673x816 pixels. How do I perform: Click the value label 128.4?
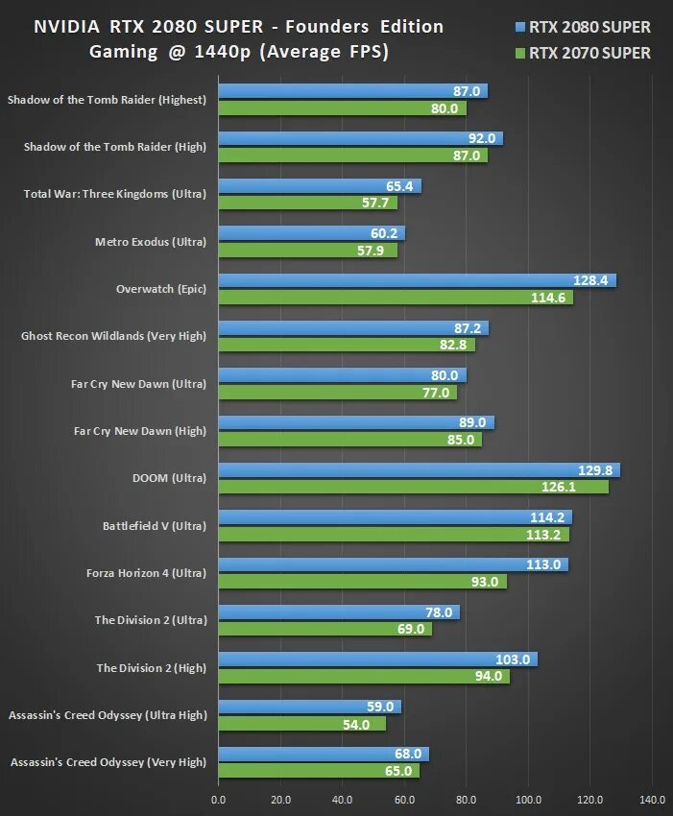click(x=591, y=280)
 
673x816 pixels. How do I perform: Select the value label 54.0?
click(x=355, y=724)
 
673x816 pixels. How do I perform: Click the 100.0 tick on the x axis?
click(x=528, y=799)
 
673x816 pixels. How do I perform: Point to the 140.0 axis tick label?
click(x=652, y=799)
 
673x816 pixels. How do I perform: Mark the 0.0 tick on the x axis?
click(x=218, y=799)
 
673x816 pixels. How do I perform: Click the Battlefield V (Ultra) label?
click(x=155, y=525)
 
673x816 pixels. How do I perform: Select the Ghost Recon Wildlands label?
click(x=113, y=336)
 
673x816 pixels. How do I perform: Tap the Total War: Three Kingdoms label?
click(x=114, y=194)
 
